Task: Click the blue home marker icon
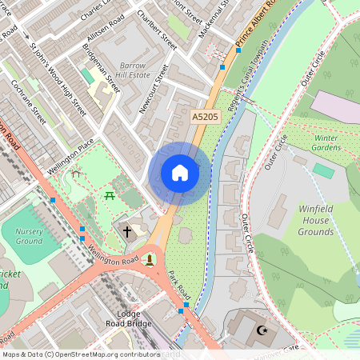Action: coord(180,173)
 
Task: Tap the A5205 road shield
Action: coord(206,117)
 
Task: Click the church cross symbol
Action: coord(126,232)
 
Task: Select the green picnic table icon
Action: coord(109,194)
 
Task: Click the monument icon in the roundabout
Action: coord(150,259)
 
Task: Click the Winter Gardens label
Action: coord(326,142)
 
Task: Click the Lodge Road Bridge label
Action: coord(128,318)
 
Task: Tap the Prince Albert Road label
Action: coord(255,24)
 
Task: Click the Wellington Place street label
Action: coord(70,156)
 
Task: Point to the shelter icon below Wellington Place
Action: coord(75,173)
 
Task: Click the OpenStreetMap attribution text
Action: coord(80,354)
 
